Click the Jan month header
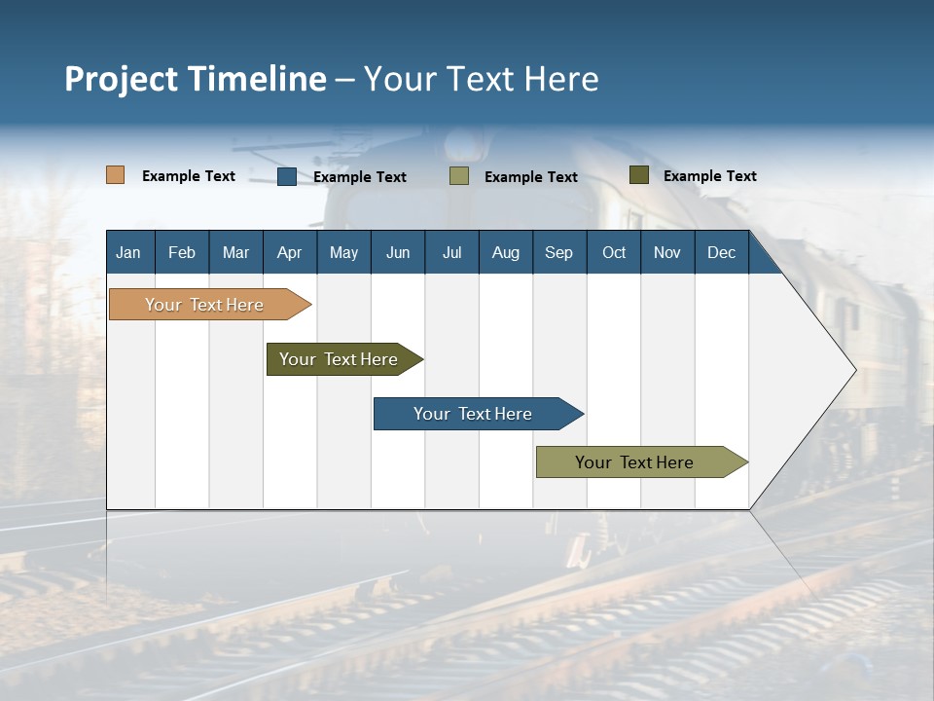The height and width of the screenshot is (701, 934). (128, 252)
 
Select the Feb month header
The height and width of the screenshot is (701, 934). (182, 252)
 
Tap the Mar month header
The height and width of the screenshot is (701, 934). (235, 252)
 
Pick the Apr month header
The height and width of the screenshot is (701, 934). (290, 252)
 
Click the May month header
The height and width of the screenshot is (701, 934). (343, 252)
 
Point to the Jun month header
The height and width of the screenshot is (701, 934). (398, 252)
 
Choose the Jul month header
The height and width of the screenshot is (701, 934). (451, 252)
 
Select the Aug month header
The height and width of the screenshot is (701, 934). (506, 252)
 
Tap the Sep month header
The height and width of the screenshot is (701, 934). (559, 252)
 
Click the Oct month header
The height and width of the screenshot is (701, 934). (614, 252)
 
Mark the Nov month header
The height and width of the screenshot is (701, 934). (667, 252)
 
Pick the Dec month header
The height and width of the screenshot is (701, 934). (722, 252)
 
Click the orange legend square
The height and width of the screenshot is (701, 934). (115, 175)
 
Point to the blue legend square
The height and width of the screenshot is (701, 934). (287, 176)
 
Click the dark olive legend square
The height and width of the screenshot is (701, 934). (638, 175)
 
